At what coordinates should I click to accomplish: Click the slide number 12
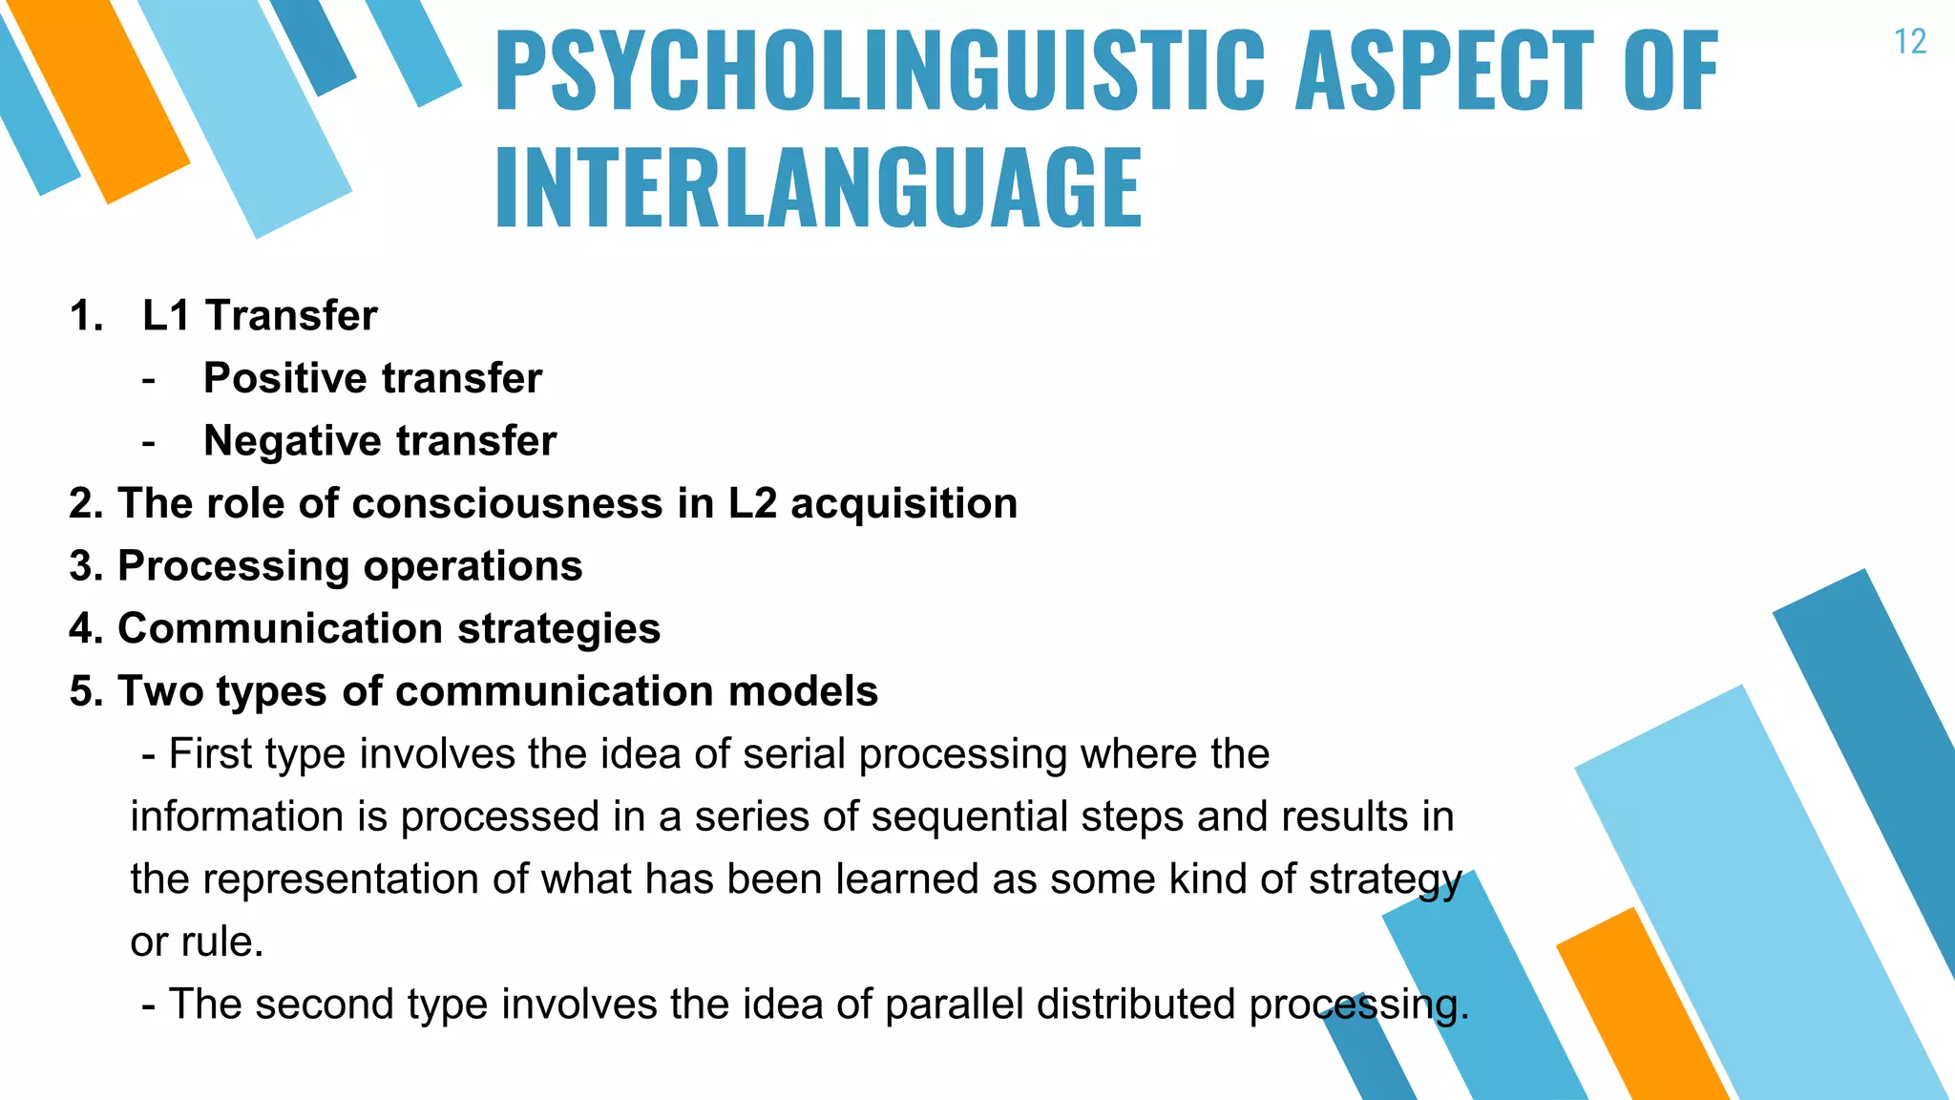click(x=1910, y=42)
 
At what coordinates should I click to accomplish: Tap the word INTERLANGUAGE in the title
click(x=818, y=188)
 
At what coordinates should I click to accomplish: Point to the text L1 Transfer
click(x=260, y=315)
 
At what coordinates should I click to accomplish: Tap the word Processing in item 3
click(x=233, y=566)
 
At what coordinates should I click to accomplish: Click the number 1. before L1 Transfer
click(x=86, y=316)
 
